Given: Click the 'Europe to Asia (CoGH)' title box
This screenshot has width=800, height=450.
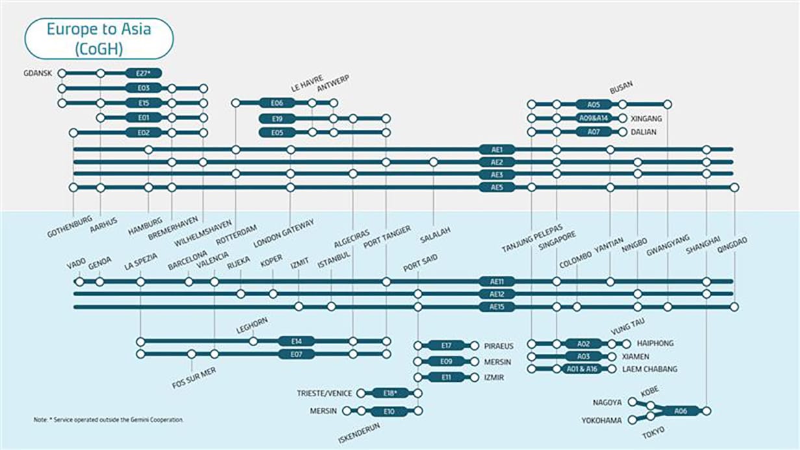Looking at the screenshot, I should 99,38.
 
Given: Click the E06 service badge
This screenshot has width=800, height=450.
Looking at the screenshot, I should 277,103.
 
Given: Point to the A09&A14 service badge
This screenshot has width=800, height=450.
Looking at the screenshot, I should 594,118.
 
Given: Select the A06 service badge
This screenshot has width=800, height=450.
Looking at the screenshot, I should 681,411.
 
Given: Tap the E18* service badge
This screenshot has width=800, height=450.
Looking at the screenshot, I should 390,393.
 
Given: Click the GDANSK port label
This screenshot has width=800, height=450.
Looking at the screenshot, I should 37,73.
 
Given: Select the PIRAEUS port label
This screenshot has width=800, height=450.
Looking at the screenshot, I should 499,345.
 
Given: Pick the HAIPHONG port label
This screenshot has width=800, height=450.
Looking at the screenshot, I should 656,344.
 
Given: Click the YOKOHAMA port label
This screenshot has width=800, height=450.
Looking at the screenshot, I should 602,421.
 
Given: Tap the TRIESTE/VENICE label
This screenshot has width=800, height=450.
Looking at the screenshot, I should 324,394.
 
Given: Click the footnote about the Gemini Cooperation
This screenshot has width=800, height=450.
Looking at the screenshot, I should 108,420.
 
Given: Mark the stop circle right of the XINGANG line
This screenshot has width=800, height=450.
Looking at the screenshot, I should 623,118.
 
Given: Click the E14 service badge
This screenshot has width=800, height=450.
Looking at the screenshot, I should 297,341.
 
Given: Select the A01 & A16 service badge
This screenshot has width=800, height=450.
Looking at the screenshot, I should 582,369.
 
